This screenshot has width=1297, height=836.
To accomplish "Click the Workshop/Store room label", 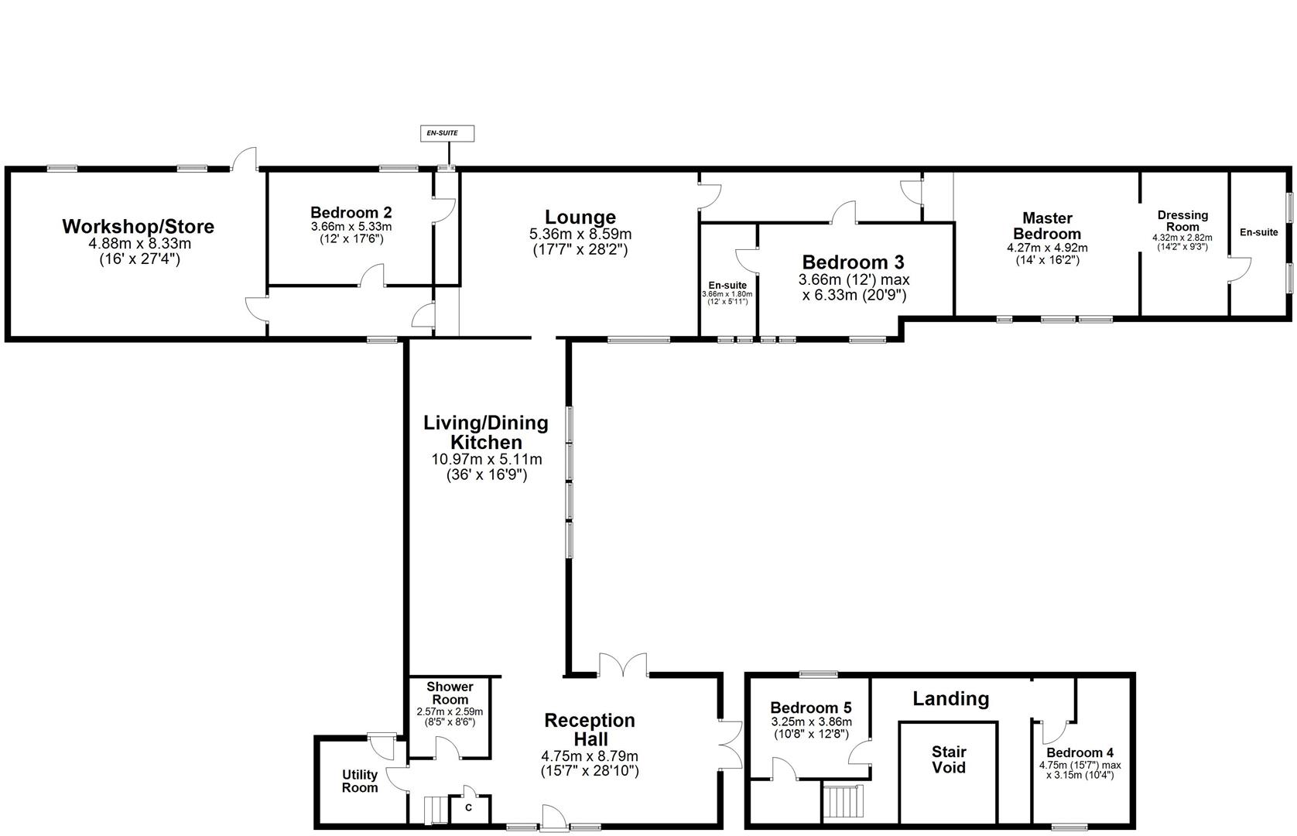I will (138, 227).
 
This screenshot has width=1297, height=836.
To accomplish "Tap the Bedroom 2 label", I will (351, 212).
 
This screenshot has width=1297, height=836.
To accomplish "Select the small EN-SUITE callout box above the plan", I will (447, 133).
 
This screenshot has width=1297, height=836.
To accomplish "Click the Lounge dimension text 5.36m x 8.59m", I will (580, 235).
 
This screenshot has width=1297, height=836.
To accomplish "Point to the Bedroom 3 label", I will (853, 262).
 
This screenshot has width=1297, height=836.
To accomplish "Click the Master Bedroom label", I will (1047, 226).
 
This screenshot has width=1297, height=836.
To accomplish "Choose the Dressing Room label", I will (1182, 221).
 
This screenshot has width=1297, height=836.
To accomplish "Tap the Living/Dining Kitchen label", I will (486, 433).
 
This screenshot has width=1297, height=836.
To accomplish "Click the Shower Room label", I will (450, 693).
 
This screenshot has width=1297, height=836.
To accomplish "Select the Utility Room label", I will (360, 780).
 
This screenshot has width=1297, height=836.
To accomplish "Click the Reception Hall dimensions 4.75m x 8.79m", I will (590, 756).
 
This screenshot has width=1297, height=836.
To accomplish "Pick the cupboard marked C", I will (469, 807).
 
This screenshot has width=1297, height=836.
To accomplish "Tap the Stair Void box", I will (948, 760).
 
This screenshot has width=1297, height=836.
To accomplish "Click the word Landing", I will (950, 699).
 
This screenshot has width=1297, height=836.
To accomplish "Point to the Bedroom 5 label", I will (810, 708).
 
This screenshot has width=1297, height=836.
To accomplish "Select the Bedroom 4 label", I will (1080, 752).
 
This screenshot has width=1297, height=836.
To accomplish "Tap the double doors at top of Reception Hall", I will (623, 664).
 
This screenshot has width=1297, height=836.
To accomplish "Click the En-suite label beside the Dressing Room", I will (1258, 232).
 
